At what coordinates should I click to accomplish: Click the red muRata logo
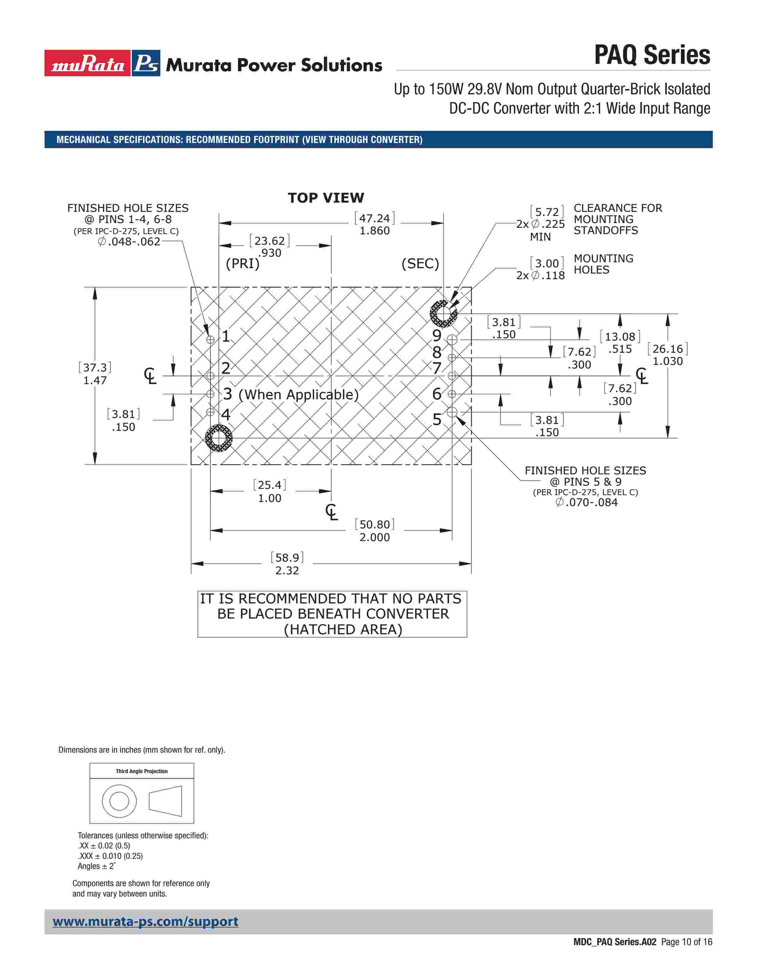tap(88, 63)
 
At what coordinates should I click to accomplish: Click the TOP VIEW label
tap(326, 198)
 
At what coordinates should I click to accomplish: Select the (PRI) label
tap(243, 263)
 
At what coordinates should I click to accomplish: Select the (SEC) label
tap(420, 263)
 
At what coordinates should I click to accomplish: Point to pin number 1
tap(226, 336)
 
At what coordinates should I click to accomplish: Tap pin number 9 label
tap(437, 335)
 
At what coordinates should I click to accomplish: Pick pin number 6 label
tap(437, 394)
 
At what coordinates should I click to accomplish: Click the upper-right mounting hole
tap(444, 313)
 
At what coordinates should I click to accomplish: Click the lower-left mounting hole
tap(219, 438)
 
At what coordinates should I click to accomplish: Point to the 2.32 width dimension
tap(287, 570)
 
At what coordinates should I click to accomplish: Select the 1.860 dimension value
tap(374, 231)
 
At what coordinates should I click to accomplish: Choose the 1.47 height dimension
tap(95, 381)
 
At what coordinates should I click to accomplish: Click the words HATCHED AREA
tap(343, 629)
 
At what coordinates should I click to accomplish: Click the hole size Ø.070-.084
tap(587, 503)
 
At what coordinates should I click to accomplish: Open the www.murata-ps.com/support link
tap(145, 922)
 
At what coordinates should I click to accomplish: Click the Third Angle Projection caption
tap(142, 771)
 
